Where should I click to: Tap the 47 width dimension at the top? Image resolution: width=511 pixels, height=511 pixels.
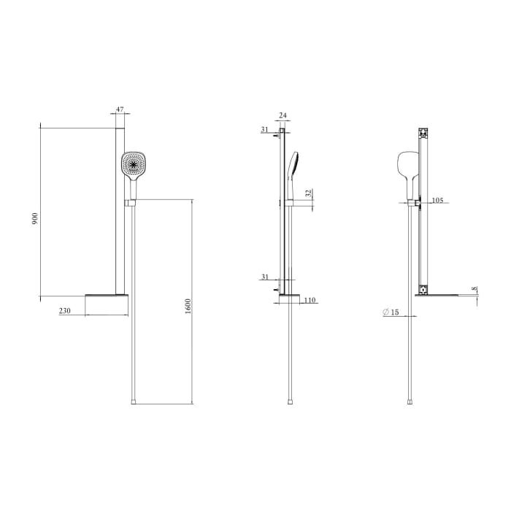coord(120,110)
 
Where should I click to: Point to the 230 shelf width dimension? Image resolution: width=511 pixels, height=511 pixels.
coord(65,311)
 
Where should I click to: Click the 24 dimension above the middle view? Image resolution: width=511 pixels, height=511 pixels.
coord(283,115)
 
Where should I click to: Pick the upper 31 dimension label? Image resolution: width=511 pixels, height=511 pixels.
coord(264,130)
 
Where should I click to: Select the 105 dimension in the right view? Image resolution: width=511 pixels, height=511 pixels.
coord(437,199)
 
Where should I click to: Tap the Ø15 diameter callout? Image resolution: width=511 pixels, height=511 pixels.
coord(391,312)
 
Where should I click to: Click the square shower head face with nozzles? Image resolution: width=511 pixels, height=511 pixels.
coord(133,164)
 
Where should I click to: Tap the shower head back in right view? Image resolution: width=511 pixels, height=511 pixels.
coord(406,168)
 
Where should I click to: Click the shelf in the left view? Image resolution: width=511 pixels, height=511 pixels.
coord(107,296)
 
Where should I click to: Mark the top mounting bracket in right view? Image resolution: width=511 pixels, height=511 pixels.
coord(422,134)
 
